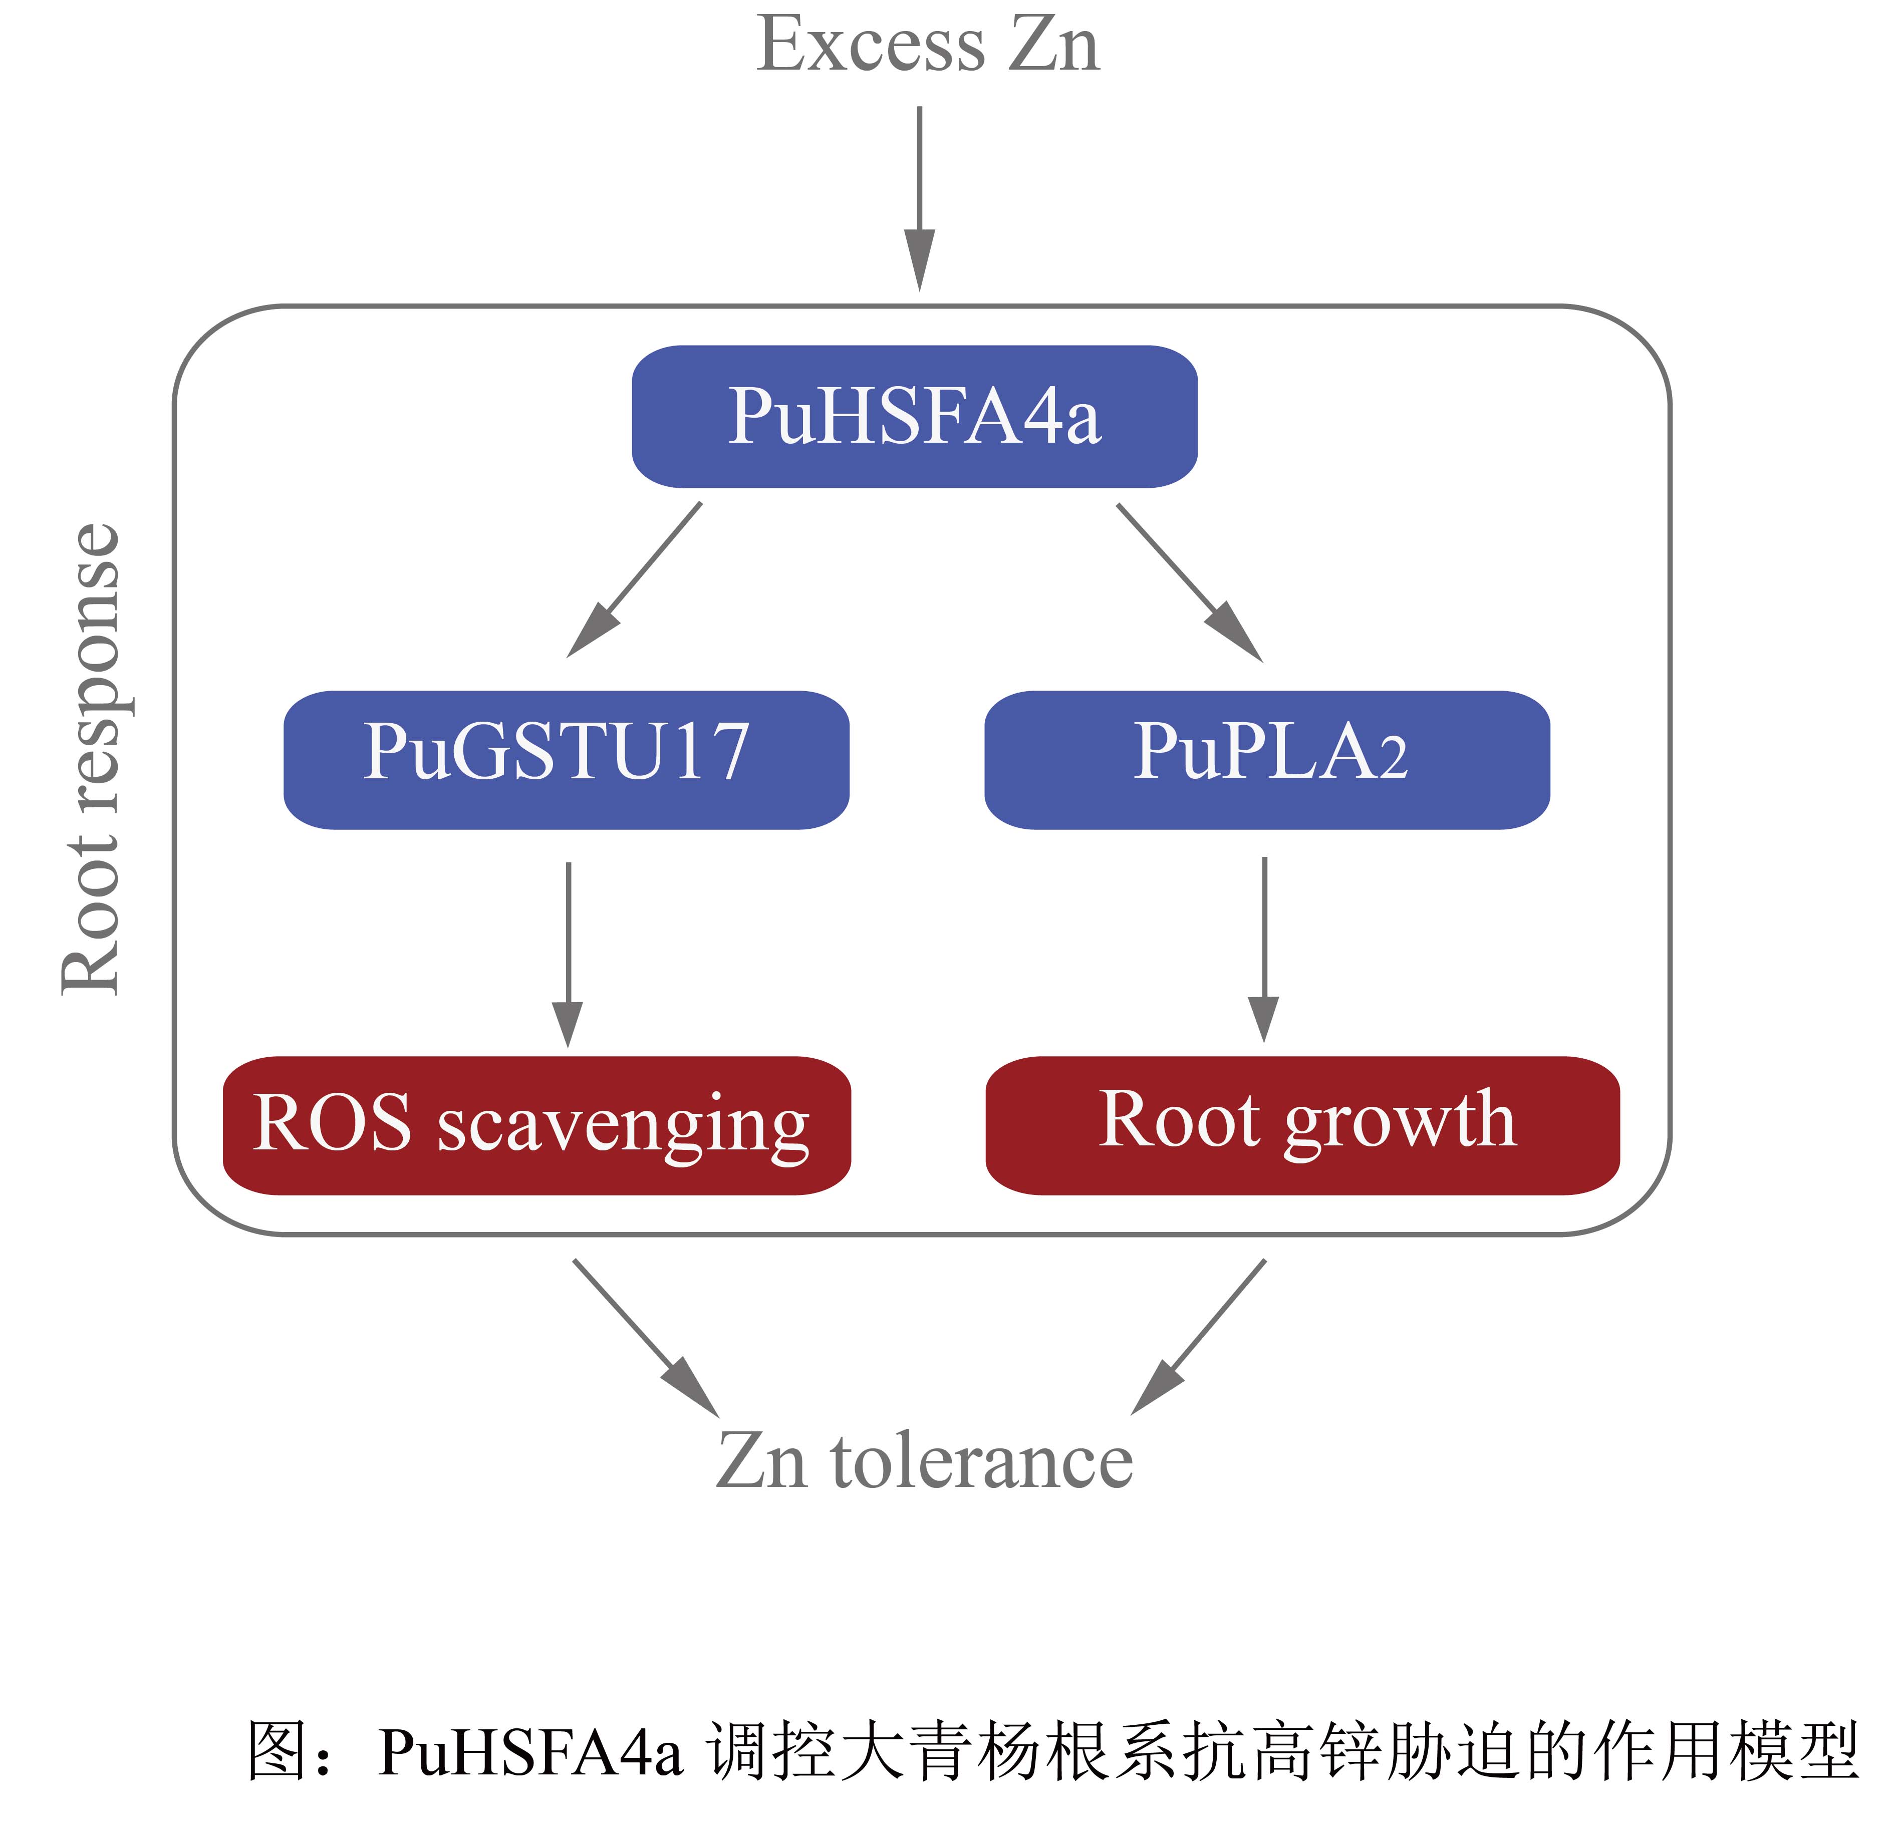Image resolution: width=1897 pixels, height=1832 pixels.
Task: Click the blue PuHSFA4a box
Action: [915, 416]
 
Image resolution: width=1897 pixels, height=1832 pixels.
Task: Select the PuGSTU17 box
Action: [566, 760]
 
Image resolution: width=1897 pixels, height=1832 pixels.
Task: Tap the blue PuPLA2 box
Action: [1267, 760]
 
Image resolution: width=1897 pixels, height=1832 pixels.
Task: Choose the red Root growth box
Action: [1302, 1125]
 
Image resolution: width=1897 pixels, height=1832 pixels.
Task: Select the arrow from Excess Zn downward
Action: [920, 198]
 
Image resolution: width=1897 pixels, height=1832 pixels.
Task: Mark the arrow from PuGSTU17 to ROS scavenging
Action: [568, 953]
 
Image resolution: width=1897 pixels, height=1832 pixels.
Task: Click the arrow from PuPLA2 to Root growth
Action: [1264, 949]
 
